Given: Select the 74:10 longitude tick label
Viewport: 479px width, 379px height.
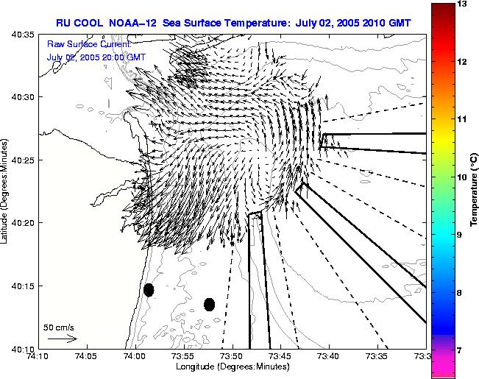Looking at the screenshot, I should (38, 356).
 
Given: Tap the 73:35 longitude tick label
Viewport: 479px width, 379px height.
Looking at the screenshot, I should (377, 356).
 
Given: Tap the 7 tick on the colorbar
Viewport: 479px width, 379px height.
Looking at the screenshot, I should (461, 350).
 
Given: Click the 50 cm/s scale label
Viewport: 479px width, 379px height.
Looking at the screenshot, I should (59, 327).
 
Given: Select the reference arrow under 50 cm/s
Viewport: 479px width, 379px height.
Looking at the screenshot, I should (63, 339).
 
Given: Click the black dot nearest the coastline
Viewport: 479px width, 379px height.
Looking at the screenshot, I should (149, 290).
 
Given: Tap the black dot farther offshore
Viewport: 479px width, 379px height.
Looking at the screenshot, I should (210, 304).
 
